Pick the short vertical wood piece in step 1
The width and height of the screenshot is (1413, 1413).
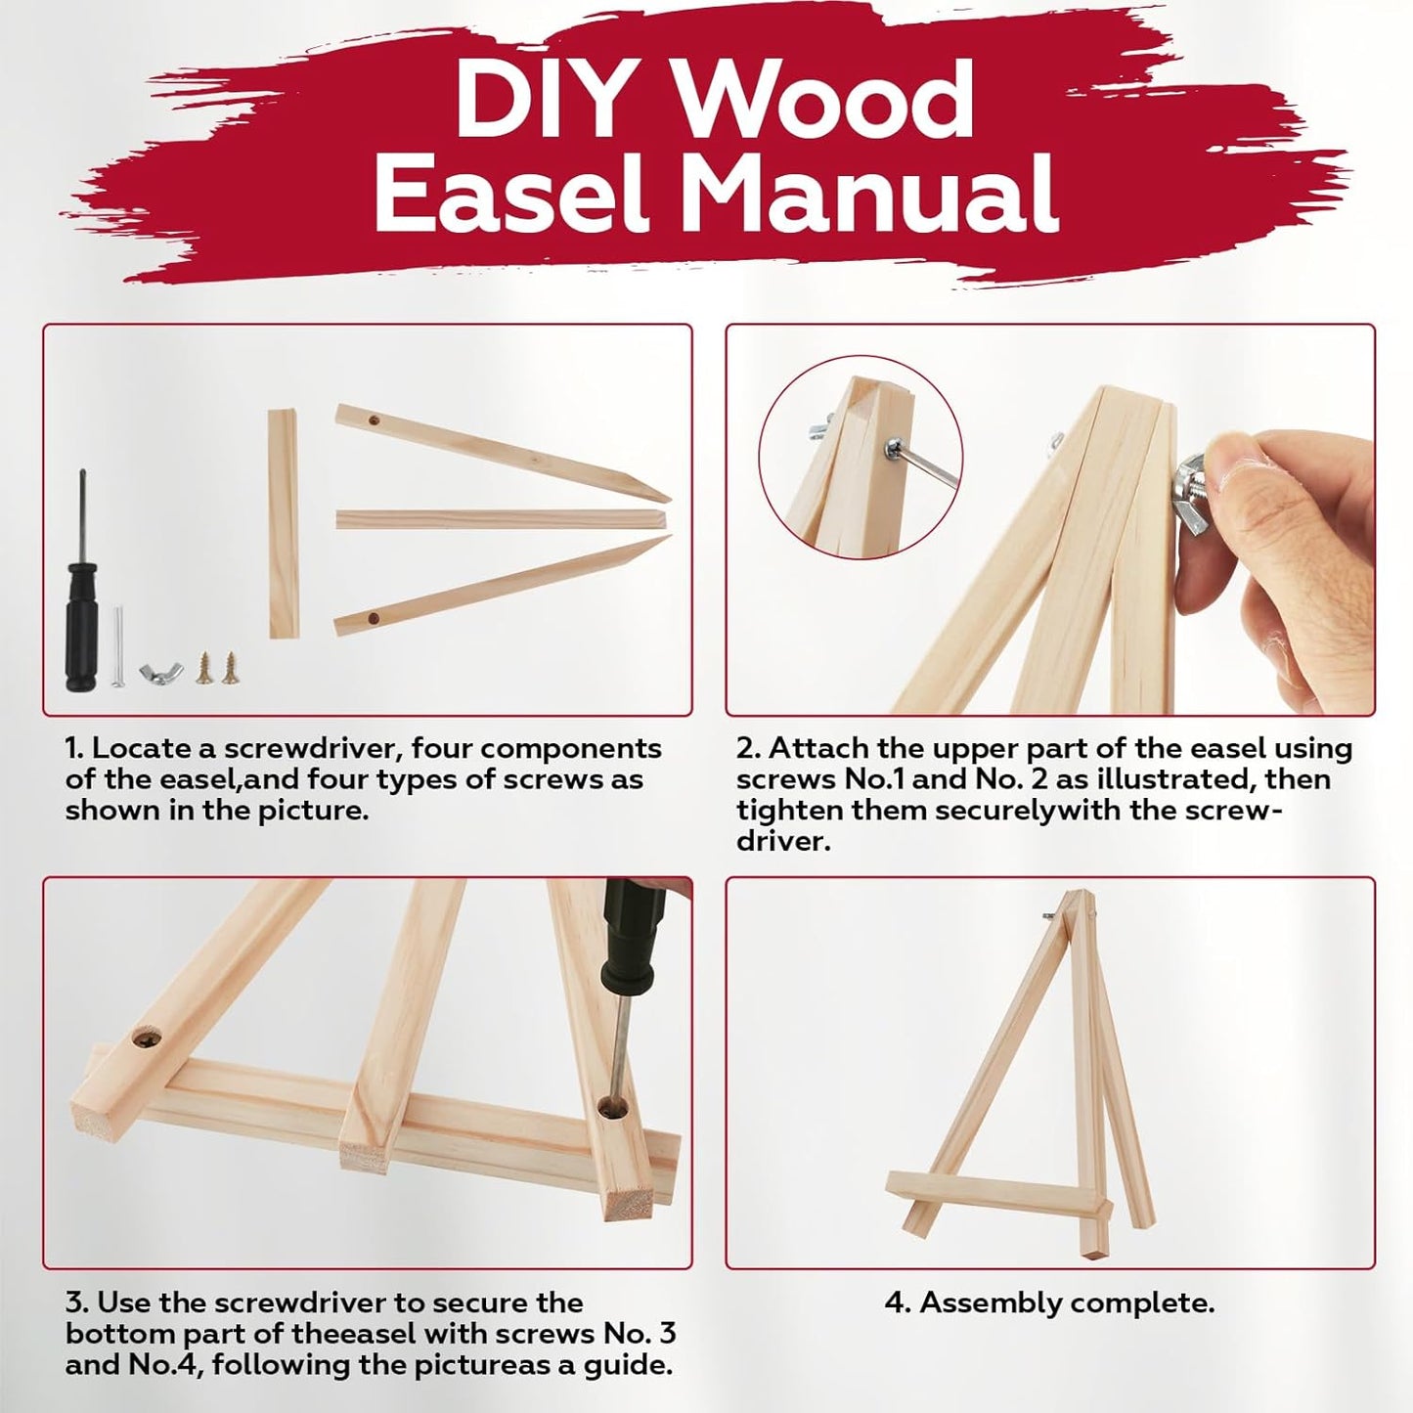[284, 523]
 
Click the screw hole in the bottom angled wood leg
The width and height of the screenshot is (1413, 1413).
[374, 618]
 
